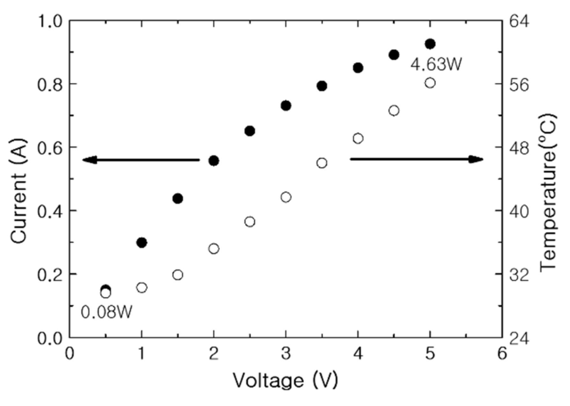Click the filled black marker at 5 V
pos(430,44)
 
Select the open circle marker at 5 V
pos(430,83)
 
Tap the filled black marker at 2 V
pos(214,161)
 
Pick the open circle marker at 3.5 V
pos(322,163)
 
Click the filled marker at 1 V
pos(142,243)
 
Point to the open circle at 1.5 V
pos(178,275)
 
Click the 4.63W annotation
pos(436,65)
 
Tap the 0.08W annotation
pos(106,312)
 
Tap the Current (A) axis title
pos(18,191)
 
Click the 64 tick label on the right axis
pos(519,22)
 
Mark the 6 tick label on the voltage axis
pos(502,354)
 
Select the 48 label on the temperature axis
pos(519,148)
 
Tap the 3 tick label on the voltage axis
pos(286,354)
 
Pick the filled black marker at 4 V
pos(358,68)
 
